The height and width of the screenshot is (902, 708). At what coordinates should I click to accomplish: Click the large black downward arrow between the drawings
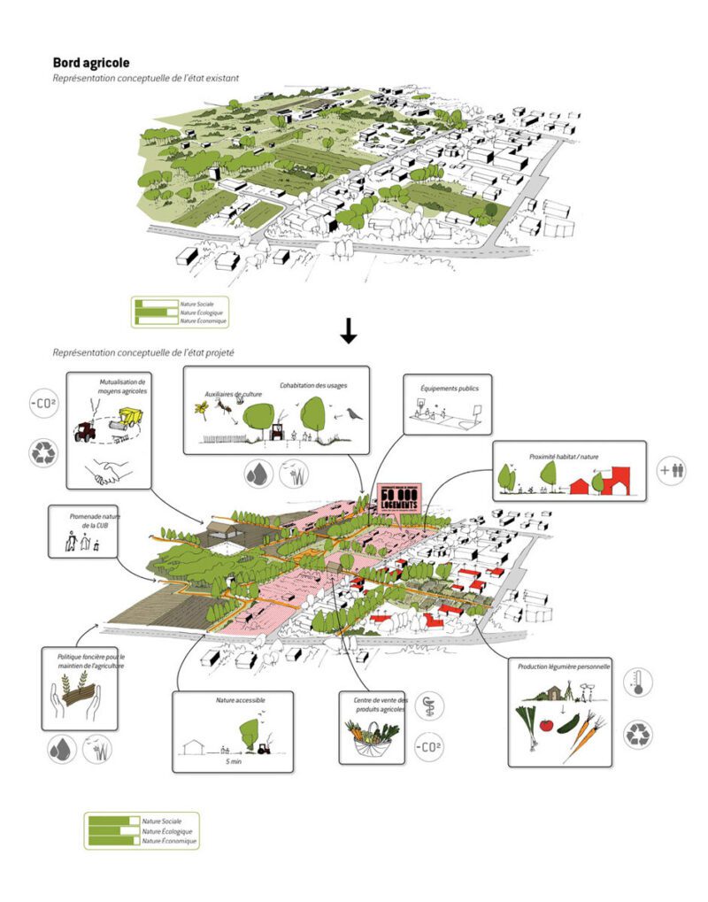pos(349,330)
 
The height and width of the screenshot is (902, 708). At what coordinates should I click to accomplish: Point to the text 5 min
pos(232,759)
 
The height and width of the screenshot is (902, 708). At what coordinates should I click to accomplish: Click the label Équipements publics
pos(442,387)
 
